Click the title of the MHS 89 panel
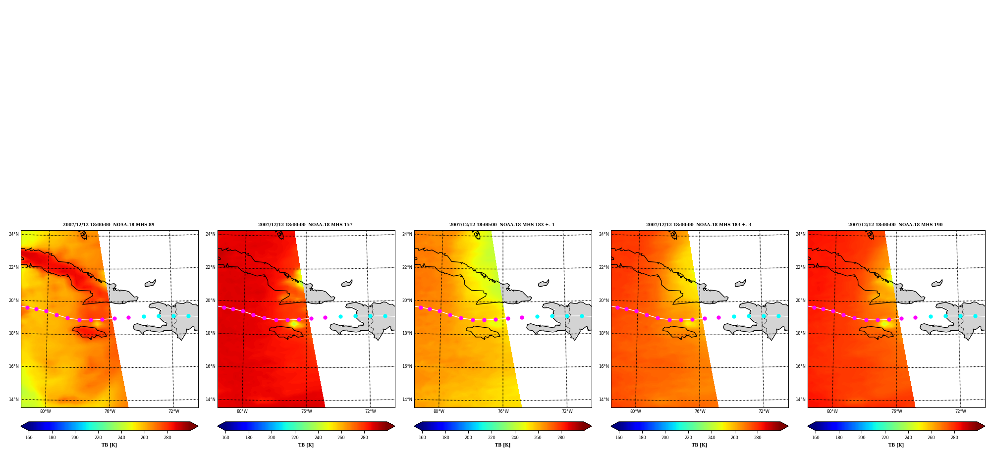click(109, 225)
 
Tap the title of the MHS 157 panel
click(305, 225)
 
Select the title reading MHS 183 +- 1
click(502, 225)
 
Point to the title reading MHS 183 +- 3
click(699, 225)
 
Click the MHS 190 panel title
click(895, 225)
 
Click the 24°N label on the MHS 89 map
click(14, 234)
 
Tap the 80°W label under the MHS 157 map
click(242, 411)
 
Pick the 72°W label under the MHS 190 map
click(961, 411)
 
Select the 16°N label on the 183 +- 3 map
click(604, 366)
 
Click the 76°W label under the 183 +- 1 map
click(503, 411)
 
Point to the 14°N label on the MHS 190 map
click(801, 400)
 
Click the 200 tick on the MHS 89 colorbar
click(75, 438)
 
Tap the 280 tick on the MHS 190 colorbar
click(954, 438)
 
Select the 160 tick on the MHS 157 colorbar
click(225, 438)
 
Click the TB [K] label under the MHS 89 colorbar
click(109, 445)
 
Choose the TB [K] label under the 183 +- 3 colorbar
click(699, 445)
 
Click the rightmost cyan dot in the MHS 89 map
click(188, 316)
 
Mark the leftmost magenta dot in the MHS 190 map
click(814, 307)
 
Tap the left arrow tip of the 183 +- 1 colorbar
click(415, 426)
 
